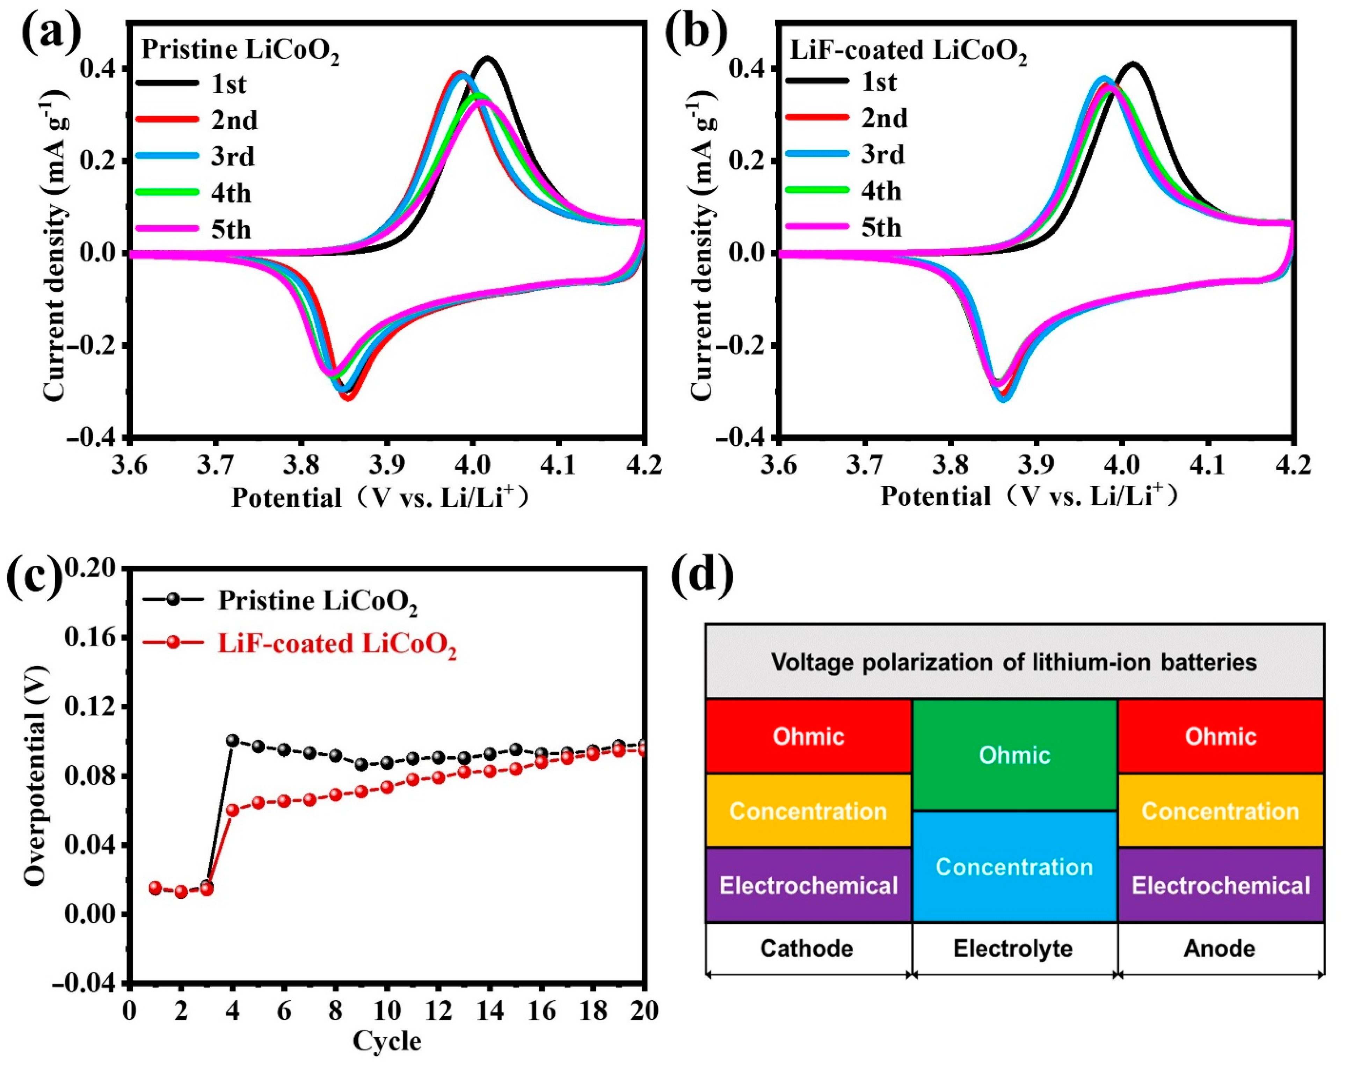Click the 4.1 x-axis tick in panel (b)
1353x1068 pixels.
click(1208, 465)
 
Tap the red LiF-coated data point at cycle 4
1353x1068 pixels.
click(233, 810)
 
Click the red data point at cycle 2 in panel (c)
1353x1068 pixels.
click(181, 892)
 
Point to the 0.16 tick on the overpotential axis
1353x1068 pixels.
click(91, 637)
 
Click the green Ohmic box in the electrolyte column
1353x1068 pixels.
click(1014, 755)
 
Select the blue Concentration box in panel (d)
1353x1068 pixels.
click(1014, 866)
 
